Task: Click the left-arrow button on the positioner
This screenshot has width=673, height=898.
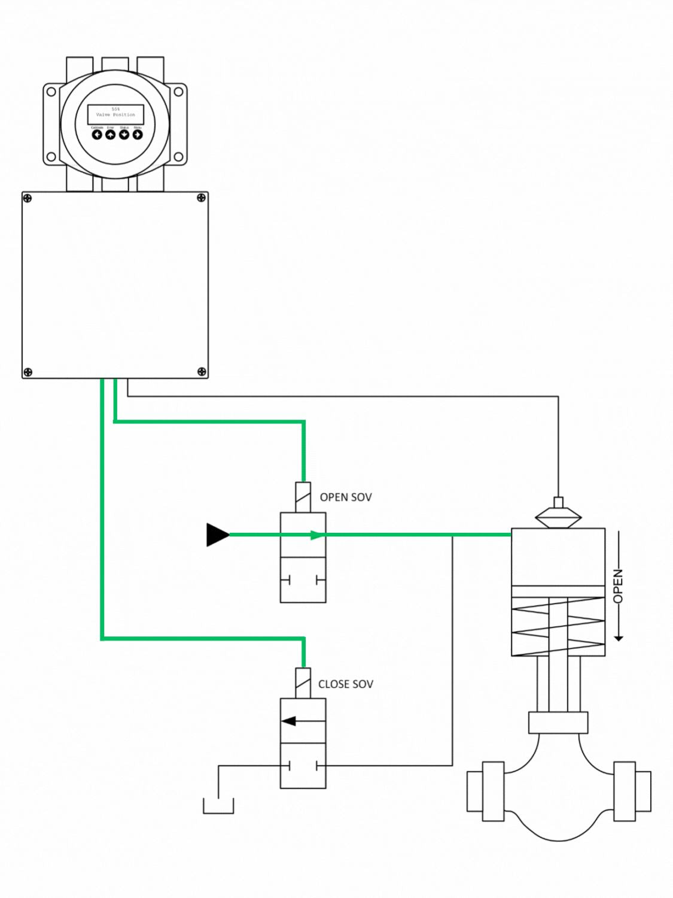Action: (97, 135)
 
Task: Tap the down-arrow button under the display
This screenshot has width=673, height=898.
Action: (124, 135)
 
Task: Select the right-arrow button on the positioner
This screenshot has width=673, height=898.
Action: (138, 135)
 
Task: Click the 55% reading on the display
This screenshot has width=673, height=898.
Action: (115, 109)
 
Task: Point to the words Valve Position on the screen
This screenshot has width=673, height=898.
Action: (115, 114)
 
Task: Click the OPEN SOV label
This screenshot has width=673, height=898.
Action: (346, 497)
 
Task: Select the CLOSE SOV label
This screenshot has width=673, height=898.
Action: (346, 684)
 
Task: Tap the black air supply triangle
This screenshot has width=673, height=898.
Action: (217, 535)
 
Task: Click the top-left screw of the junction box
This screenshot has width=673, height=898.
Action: (28, 198)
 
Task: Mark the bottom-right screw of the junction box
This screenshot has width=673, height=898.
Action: (202, 372)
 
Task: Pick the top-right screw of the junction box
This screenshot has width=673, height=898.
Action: (202, 198)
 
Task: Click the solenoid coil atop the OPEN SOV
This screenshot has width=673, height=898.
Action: (303, 497)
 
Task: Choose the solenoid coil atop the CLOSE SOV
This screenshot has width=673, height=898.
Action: (303, 683)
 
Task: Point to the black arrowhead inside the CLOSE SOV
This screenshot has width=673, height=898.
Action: (290, 721)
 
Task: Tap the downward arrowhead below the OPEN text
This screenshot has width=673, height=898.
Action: (619, 638)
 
